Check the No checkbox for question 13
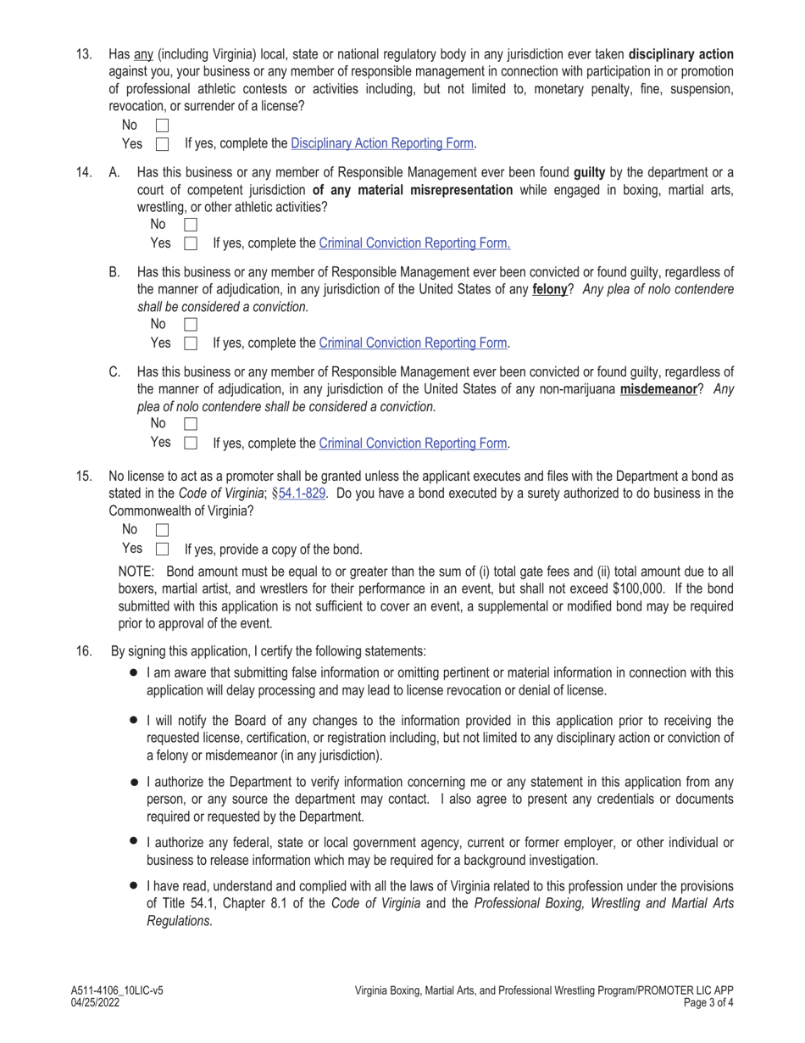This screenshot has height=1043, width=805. coord(163,125)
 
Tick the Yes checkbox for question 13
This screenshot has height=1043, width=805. coord(163,144)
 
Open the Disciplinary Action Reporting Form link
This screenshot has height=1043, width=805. coord(381,143)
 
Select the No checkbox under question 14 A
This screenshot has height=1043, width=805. coord(191,225)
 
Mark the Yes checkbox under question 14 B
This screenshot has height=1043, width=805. coord(191,343)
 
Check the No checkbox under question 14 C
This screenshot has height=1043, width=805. coord(191,423)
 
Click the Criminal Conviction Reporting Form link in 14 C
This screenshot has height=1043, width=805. coord(413,443)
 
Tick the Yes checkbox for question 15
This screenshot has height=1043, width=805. coord(163,549)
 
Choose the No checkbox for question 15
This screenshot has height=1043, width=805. coord(163,530)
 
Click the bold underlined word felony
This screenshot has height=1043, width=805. coord(549,289)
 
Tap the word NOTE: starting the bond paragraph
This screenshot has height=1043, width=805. coord(136,571)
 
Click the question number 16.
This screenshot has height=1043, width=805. coord(84,651)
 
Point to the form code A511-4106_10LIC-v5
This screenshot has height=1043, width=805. coord(118,990)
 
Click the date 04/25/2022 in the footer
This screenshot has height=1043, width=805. coord(96,1002)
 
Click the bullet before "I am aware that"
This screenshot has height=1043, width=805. coord(134,672)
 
